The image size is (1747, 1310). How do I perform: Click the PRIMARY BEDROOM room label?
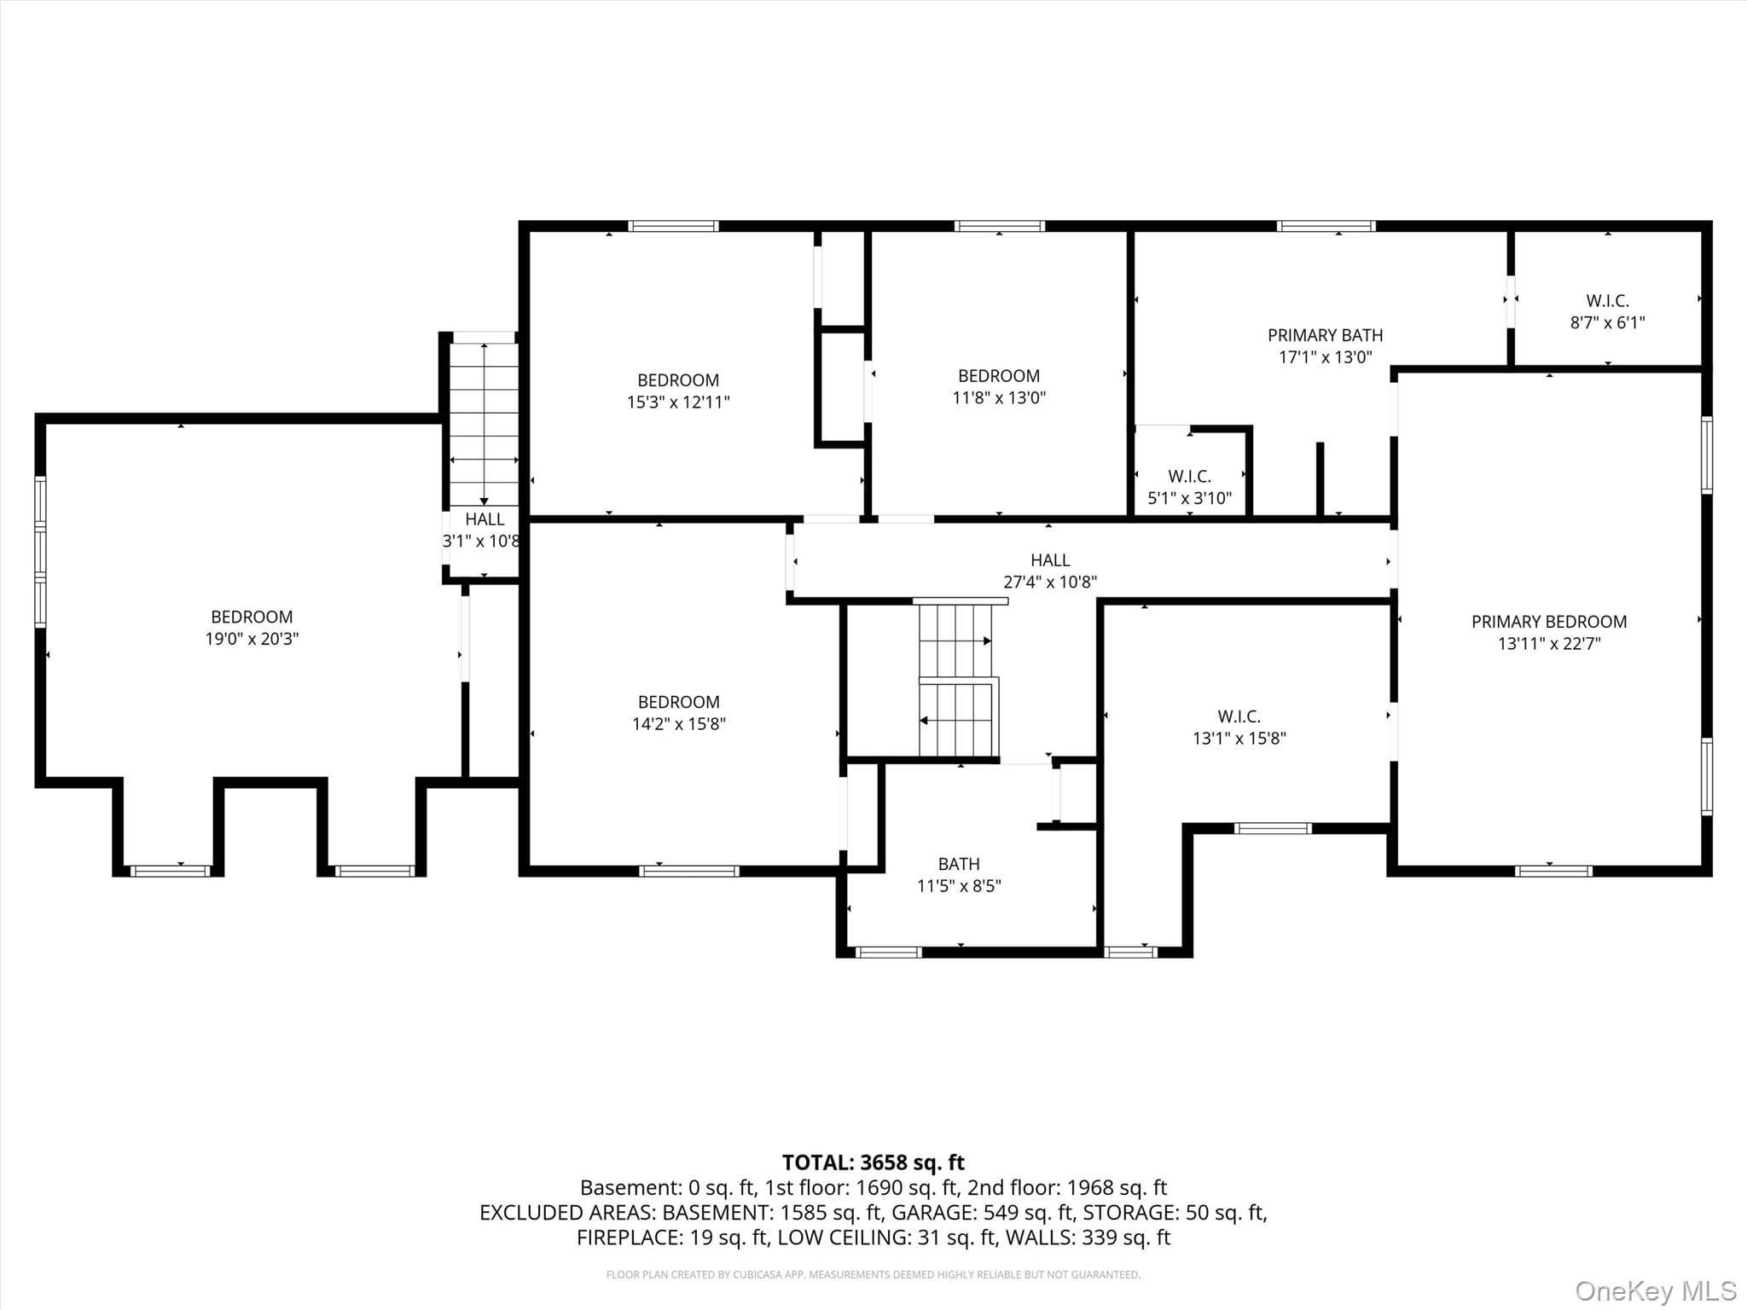[x=1548, y=622]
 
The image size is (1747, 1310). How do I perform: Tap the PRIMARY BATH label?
[x=1325, y=335]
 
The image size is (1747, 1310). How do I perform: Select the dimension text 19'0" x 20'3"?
[x=252, y=639]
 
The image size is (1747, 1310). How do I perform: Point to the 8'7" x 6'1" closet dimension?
[x=1607, y=322]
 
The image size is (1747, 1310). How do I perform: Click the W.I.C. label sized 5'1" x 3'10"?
[x=1189, y=476]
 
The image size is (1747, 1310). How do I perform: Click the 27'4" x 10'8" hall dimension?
[x=1050, y=583]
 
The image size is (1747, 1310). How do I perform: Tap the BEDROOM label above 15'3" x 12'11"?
[x=678, y=380]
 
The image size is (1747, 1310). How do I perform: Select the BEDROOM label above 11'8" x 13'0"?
[x=999, y=376]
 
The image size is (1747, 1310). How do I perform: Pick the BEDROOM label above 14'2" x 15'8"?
[x=679, y=702]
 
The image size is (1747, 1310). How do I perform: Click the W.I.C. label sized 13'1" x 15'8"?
[x=1239, y=716]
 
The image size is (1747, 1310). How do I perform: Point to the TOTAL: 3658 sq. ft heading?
[x=873, y=1162]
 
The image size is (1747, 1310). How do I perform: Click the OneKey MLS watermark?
[x=1656, y=1291]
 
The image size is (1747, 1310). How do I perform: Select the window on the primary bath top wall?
[x=1326, y=226]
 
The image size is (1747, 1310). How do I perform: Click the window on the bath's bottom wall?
[x=888, y=952]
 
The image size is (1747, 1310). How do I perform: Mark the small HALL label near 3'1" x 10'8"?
[x=485, y=519]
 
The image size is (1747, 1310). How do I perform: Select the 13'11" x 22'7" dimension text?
[x=1549, y=644]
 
